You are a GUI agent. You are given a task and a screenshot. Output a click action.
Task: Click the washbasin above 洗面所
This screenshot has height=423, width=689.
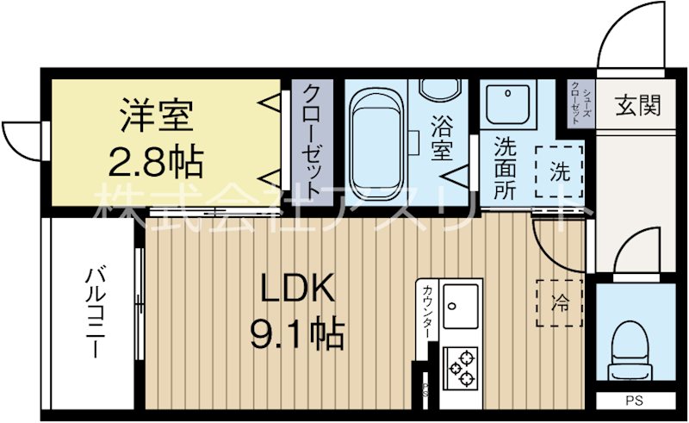pos(509,105)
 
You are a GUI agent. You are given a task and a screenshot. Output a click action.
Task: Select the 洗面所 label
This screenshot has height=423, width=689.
pos(505,167)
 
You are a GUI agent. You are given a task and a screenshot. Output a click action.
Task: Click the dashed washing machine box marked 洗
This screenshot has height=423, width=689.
pos(559,171)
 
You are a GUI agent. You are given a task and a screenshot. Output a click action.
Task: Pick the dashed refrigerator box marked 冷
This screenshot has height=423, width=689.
pos(559,302)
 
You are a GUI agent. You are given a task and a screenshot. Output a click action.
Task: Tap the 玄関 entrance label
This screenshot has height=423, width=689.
pos(637,107)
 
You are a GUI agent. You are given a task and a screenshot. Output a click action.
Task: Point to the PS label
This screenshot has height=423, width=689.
pos(634,401)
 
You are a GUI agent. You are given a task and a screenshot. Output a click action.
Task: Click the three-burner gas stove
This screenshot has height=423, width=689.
pos(462,368)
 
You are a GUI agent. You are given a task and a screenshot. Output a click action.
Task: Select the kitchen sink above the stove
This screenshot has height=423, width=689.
pos(461,305)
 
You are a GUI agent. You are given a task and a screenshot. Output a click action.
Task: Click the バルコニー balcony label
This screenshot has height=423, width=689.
pos(92,314)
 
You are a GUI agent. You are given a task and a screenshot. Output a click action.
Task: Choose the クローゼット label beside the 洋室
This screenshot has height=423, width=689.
pos(315,142)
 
